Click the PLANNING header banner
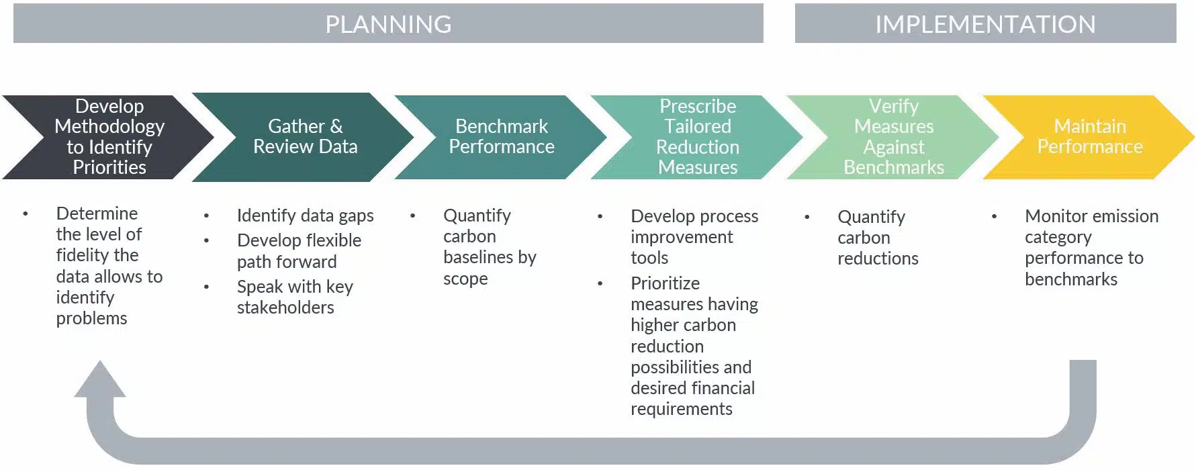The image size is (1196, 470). [x=388, y=23]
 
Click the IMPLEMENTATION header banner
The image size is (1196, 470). [x=985, y=23]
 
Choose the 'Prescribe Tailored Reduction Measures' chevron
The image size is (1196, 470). [x=698, y=137]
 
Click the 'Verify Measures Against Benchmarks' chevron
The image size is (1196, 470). [x=894, y=137]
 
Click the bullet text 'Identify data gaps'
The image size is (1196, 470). [x=305, y=216]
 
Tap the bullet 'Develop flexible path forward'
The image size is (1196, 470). [x=299, y=251]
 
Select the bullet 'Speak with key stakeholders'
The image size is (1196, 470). [x=295, y=297]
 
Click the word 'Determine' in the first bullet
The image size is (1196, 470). [x=97, y=214]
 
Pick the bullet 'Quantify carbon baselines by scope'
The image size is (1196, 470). [x=490, y=247]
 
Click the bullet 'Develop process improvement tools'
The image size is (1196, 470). [x=694, y=237]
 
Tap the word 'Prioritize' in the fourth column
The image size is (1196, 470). [x=665, y=283]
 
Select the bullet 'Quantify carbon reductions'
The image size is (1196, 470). [x=878, y=238]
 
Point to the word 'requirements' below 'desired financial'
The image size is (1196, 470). [x=681, y=409]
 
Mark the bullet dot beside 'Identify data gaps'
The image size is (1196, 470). [x=206, y=216]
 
